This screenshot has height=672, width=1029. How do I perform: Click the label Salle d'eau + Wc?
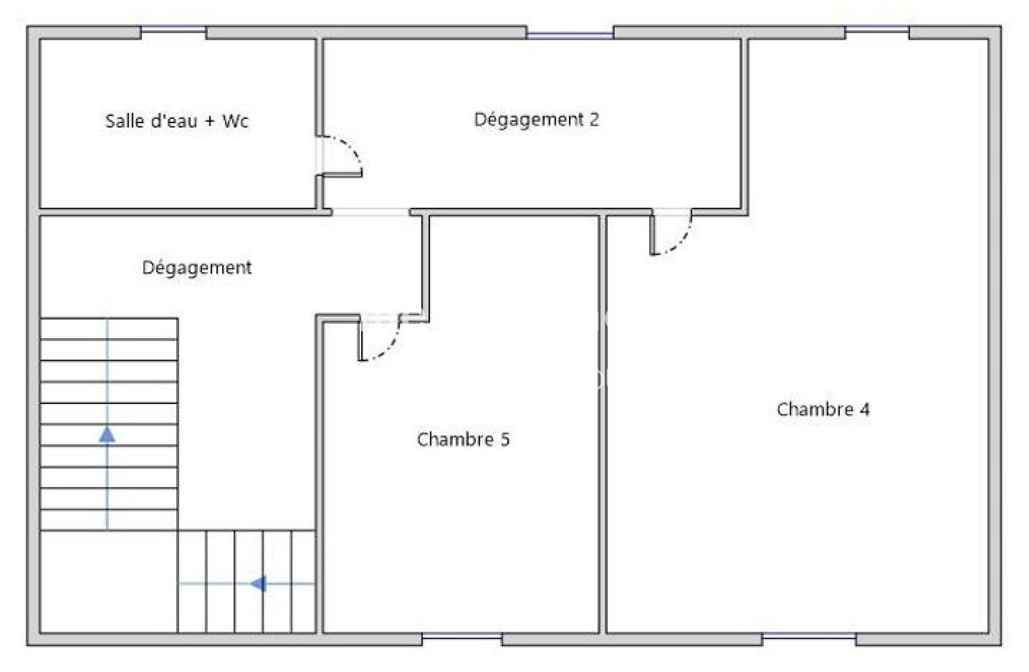tap(177, 121)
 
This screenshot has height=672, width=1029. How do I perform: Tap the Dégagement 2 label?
tap(536, 120)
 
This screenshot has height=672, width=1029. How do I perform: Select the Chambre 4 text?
tap(823, 409)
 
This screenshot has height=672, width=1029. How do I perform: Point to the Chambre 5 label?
tap(463, 439)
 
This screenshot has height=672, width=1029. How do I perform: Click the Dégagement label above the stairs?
tap(197, 267)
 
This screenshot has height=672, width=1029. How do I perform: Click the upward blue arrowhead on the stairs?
tap(107, 435)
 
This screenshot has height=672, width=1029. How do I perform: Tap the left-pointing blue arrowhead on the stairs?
tap(259, 584)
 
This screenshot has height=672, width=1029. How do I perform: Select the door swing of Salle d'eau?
tap(354, 147)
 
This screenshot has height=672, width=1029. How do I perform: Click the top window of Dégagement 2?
tap(570, 33)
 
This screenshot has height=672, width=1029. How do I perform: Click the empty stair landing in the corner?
tap(109, 582)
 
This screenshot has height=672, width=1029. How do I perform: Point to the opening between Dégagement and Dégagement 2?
tap(371, 212)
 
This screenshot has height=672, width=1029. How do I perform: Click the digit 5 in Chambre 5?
tap(505, 439)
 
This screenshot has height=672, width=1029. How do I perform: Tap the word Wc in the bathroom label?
tap(235, 121)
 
